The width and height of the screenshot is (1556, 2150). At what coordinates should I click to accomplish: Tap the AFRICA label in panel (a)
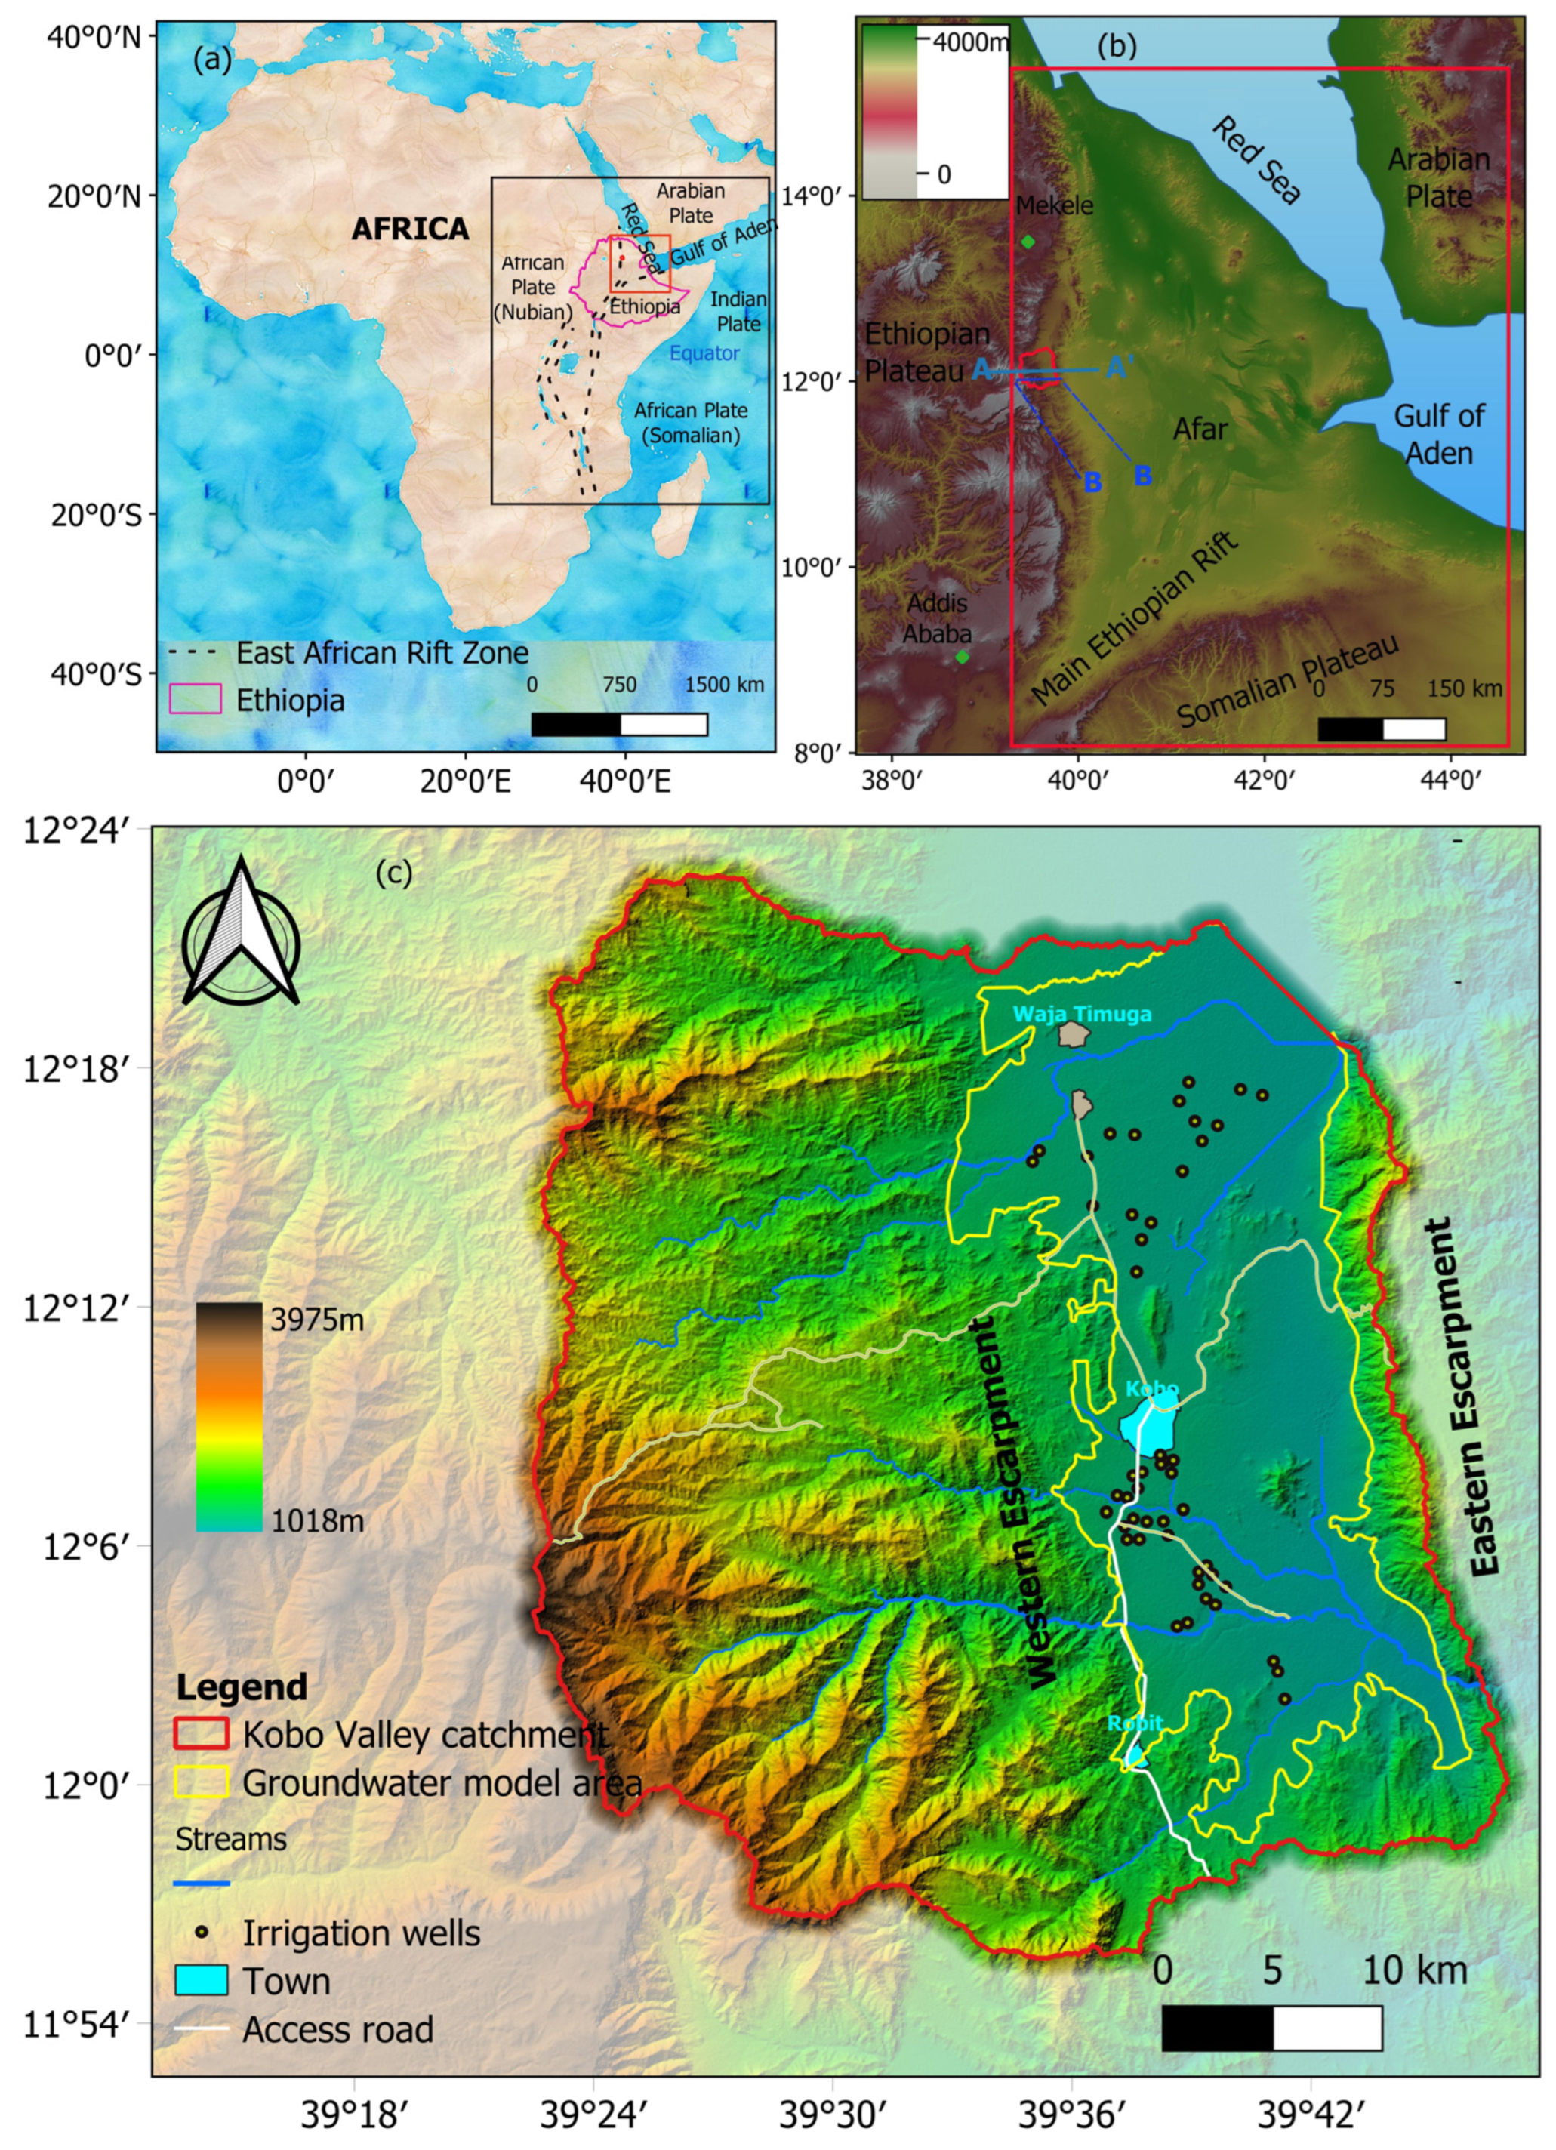click(410, 229)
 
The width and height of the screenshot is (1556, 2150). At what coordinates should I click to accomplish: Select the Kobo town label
click(1152, 1390)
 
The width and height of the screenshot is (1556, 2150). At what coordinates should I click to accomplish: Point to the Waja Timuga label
click(1082, 1015)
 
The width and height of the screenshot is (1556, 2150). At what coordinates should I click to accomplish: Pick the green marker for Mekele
click(1028, 242)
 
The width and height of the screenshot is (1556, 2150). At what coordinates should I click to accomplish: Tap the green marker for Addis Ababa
click(963, 657)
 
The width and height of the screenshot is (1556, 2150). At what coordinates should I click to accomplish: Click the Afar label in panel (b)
click(1200, 430)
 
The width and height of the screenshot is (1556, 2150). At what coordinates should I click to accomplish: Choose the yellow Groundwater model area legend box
click(201, 1782)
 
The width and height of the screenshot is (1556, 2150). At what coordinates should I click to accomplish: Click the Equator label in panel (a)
click(704, 353)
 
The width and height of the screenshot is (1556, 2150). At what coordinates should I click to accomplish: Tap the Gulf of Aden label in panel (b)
click(1438, 434)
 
